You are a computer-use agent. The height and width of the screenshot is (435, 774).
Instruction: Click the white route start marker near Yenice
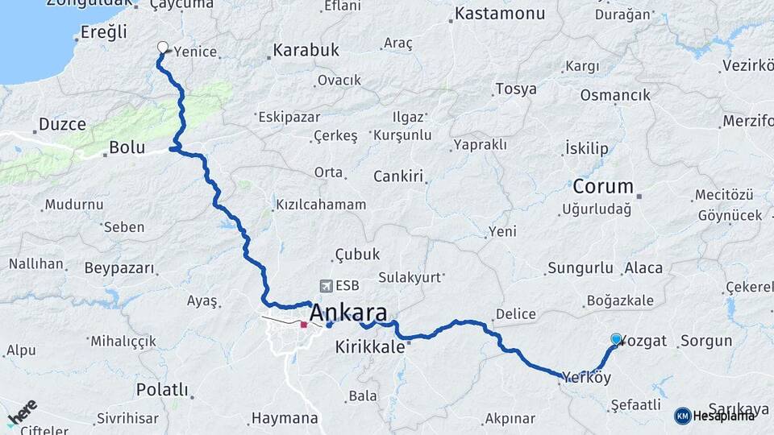click(x=163, y=48)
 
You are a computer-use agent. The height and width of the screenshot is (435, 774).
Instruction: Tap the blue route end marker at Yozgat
click(x=617, y=340)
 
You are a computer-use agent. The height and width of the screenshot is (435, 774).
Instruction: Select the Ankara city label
click(x=347, y=313)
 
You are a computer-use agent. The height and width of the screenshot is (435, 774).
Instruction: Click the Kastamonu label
click(x=500, y=14)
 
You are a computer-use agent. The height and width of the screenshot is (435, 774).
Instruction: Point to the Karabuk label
click(x=306, y=50)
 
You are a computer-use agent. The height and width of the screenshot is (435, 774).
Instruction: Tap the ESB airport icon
click(x=326, y=285)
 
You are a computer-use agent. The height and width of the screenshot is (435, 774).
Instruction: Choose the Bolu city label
click(x=127, y=148)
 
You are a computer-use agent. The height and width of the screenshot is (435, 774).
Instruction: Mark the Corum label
click(x=603, y=187)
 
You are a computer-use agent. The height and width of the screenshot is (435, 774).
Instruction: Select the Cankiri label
click(x=398, y=176)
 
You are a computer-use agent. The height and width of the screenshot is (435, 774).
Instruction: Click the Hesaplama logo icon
click(x=683, y=416)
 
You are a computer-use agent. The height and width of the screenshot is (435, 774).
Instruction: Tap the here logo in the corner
click(x=23, y=415)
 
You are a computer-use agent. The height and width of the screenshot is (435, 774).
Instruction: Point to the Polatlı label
click(x=162, y=390)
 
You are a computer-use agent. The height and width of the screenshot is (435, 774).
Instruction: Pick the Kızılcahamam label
click(x=321, y=205)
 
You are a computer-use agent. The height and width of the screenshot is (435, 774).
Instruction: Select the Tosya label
click(x=516, y=89)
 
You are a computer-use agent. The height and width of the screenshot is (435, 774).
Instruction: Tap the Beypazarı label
click(x=118, y=267)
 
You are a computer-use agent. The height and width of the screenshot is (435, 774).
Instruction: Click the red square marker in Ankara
click(x=304, y=325)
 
